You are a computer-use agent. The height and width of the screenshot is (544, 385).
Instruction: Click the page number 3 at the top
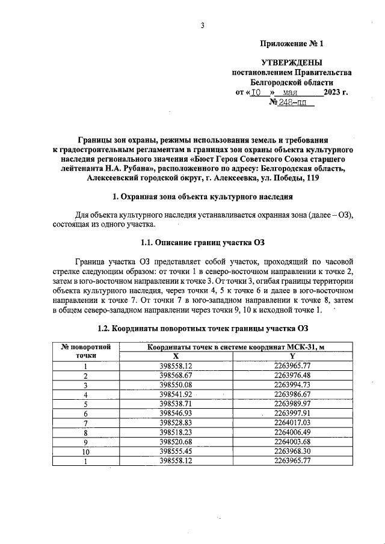(x=203, y=25)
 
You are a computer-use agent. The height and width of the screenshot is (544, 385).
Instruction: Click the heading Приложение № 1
(x=291, y=44)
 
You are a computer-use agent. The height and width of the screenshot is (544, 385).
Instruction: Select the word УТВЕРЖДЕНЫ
(x=291, y=63)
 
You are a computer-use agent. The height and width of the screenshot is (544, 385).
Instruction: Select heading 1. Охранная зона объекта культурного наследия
(x=203, y=197)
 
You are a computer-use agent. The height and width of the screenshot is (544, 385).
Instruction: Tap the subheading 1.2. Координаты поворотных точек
(x=203, y=328)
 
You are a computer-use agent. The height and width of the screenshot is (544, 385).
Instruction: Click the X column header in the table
(x=176, y=355)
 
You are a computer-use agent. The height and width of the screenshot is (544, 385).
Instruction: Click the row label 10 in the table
(x=85, y=451)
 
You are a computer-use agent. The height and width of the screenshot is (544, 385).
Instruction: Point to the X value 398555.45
(x=176, y=451)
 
